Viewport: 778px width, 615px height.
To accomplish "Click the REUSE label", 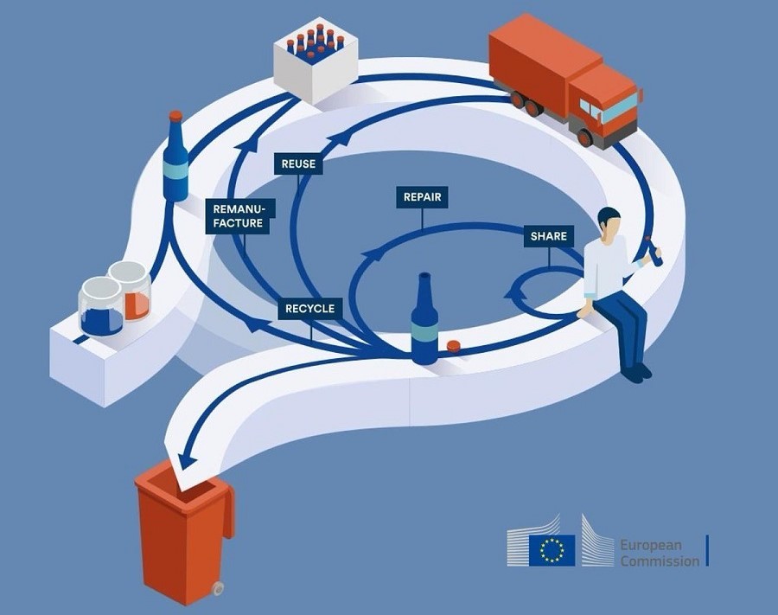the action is tap(298, 163).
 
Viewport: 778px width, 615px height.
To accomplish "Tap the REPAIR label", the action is tap(422, 197).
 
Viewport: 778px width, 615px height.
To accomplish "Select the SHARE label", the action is tap(548, 236).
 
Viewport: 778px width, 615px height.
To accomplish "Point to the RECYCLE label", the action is tap(310, 309).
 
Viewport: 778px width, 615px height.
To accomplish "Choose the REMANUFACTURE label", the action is tap(239, 216).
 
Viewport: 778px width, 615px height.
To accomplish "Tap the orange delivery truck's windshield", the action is tap(618, 109).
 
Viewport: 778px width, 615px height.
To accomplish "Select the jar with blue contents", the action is tap(101, 306).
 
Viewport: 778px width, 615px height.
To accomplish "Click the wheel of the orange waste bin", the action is tap(217, 589).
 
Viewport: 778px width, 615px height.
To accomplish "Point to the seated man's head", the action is tap(609, 222).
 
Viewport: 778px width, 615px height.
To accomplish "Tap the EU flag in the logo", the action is tap(552, 550).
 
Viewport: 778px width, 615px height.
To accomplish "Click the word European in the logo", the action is tap(650, 545).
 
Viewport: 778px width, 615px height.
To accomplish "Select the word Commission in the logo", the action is tap(660, 561).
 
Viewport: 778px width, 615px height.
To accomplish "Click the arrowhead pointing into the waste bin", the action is tap(185, 460).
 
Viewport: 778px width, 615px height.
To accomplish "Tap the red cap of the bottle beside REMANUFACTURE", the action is tap(175, 116).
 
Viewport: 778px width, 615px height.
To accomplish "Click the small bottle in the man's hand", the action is tap(653, 251).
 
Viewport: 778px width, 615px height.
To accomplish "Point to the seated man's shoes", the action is tap(635, 372).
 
